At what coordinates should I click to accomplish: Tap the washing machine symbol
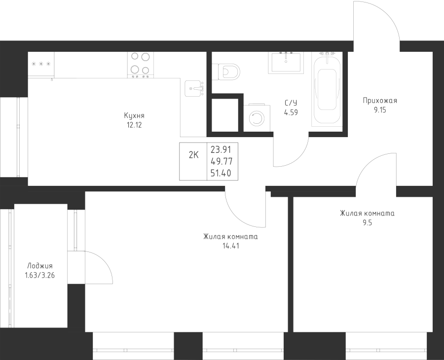(257, 118)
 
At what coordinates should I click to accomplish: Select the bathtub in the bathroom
(327, 89)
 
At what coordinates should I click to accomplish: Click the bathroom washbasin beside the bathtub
(286, 62)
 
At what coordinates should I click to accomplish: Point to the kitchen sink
(194, 88)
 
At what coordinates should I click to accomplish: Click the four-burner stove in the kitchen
(141, 65)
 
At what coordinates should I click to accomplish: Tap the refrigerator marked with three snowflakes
(41, 65)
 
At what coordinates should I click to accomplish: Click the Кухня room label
(134, 116)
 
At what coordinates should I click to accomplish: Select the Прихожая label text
(380, 101)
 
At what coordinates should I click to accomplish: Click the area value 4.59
(291, 112)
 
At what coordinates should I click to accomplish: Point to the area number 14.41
(231, 246)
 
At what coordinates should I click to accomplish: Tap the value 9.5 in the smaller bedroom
(367, 223)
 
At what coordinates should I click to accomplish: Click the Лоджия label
(40, 266)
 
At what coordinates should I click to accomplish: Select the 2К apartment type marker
(194, 155)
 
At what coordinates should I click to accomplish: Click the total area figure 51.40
(221, 173)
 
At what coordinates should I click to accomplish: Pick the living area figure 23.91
(221, 149)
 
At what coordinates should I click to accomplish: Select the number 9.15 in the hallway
(380, 110)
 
